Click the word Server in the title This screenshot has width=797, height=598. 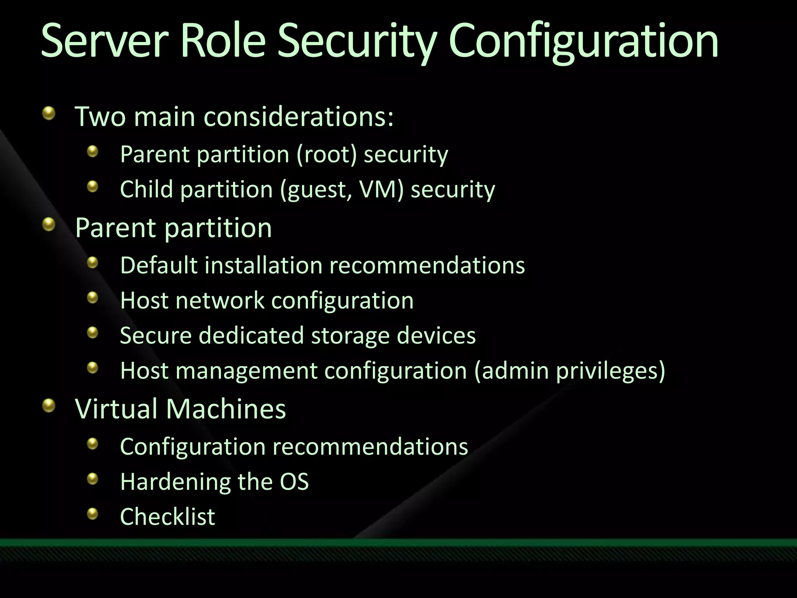(104, 41)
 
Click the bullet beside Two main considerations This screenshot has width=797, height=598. (49, 113)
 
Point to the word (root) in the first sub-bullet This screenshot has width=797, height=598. (327, 154)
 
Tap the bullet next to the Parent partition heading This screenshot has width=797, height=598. (49, 224)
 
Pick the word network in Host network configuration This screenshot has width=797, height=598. (220, 300)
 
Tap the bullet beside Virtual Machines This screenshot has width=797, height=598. (49, 405)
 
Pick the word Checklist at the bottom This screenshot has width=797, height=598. (167, 517)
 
